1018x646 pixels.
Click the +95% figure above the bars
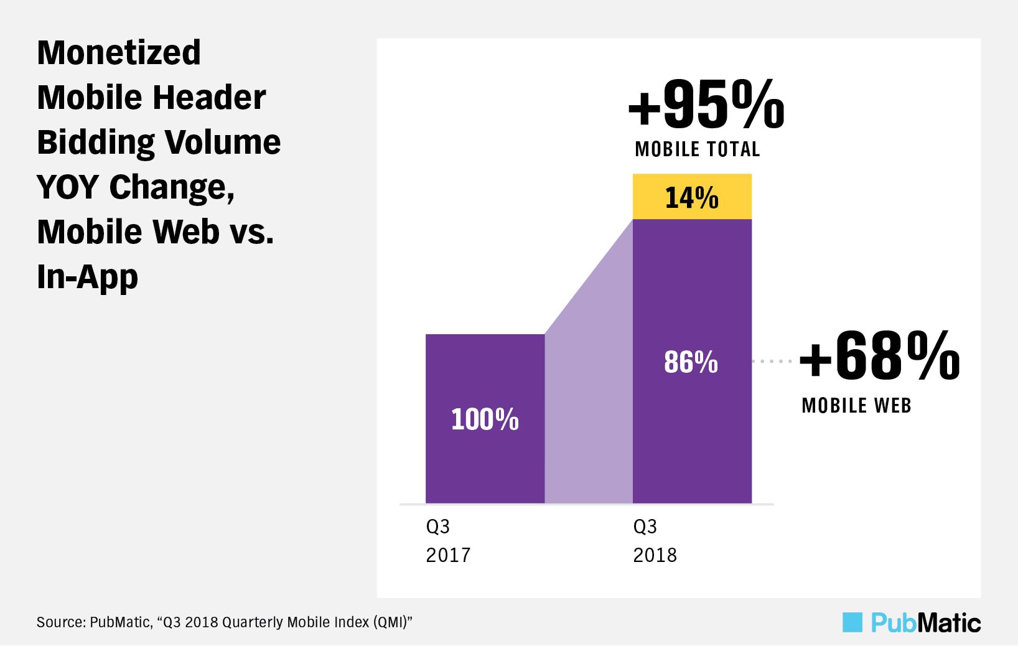[x=706, y=104]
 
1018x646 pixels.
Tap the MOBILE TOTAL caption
[x=698, y=149]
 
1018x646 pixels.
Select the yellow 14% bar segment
[x=692, y=197]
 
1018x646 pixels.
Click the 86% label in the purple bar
[x=691, y=362]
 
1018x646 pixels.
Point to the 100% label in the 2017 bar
[x=485, y=419]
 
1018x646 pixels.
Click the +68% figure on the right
[x=880, y=356]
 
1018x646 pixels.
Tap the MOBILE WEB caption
[x=856, y=406]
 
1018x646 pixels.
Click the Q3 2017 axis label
[x=448, y=540]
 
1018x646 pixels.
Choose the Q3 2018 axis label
[x=655, y=540]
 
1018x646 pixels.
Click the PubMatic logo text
[x=925, y=622]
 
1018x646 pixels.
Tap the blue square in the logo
[x=852, y=622]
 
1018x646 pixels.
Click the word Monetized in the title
[x=119, y=53]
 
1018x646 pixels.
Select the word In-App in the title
[x=87, y=277]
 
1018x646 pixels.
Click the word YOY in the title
[x=68, y=187]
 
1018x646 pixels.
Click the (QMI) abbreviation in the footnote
[x=390, y=622]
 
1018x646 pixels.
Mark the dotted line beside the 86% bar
[x=772, y=361]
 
